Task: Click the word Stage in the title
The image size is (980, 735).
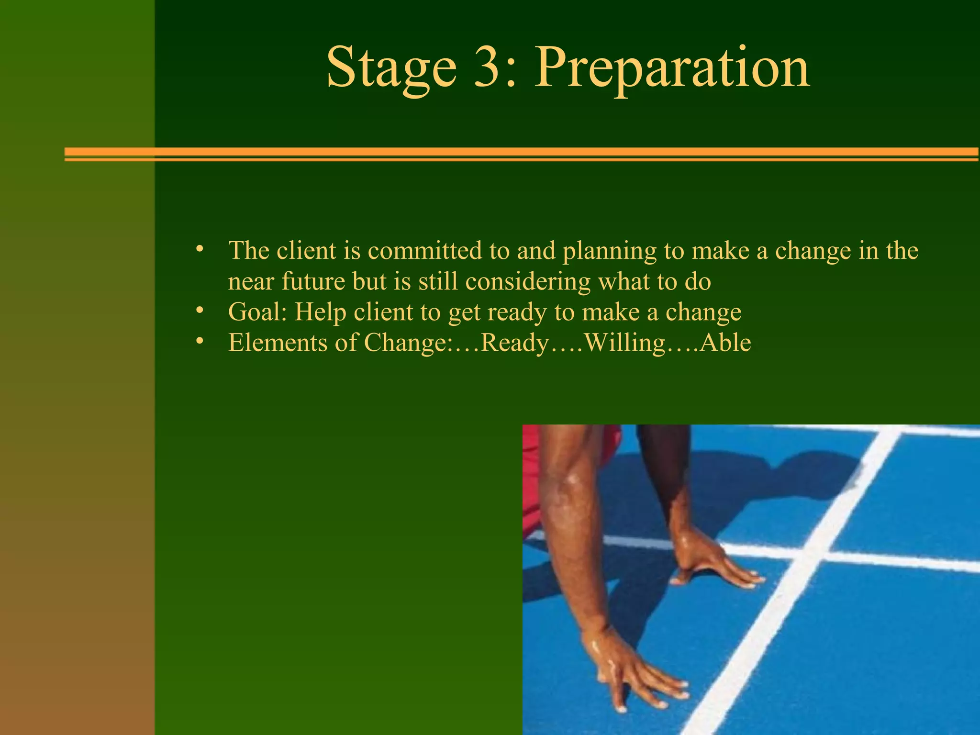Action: point(391,68)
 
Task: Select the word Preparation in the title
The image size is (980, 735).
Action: point(672,68)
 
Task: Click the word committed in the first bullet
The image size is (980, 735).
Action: point(425,250)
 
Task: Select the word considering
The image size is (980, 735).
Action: point(528,282)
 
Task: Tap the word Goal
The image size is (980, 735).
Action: point(257,312)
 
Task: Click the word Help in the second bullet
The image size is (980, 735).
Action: point(320,312)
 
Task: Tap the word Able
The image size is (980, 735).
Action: point(725,343)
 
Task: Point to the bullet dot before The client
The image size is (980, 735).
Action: point(200,250)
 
